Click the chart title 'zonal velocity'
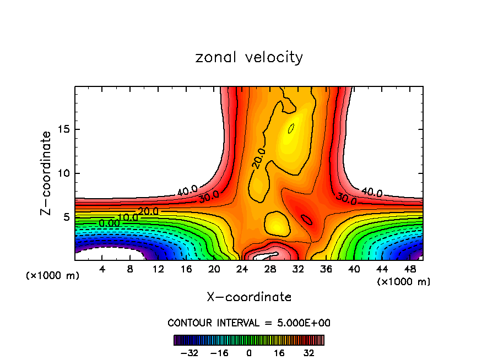(249, 57)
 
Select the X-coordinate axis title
(249, 297)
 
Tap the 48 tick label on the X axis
(410, 269)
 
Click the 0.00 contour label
(109, 223)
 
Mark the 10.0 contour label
(128, 217)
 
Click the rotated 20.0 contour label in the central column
(259, 158)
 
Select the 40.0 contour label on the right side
(371, 193)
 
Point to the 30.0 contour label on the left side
(209, 197)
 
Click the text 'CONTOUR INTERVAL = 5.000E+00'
(249, 323)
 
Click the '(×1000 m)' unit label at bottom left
(52, 276)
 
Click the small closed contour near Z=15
(291, 128)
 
